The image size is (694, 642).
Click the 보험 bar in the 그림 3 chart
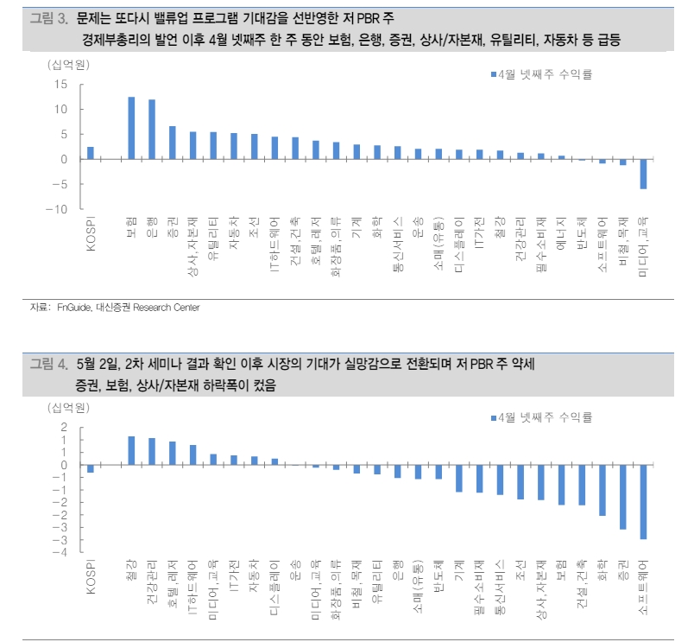click(131, 128)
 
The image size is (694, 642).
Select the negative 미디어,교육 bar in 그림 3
click(642, 174)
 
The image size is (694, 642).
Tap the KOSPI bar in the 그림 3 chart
click(91, 153)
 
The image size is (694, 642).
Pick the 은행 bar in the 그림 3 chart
click(152, 130)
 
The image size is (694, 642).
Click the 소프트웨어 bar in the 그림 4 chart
click(642, 502)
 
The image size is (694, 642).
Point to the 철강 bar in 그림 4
click(131, 450)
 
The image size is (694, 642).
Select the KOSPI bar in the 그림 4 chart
click(91, 468)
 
